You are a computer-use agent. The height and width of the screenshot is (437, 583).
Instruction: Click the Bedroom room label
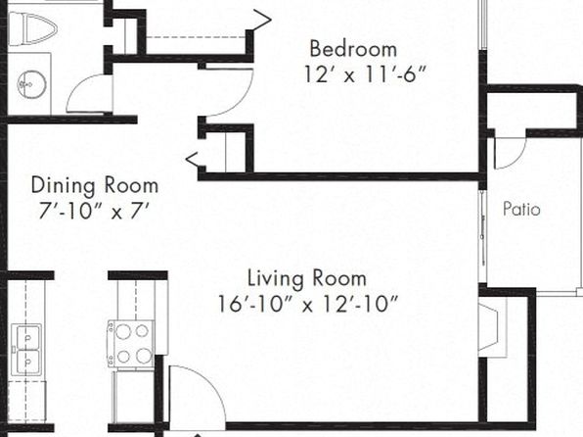(353, 49)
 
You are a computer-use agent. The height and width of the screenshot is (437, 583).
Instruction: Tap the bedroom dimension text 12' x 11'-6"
(365, 74)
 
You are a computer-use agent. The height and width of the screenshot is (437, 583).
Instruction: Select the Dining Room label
(95, 185)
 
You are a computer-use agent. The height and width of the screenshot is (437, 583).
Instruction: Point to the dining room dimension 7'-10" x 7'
(94, 211)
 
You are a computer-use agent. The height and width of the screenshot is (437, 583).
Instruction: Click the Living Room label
(307, 278)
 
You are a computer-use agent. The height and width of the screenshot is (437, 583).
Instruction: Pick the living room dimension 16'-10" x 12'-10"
(308, 304)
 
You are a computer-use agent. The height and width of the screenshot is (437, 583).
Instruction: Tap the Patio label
(521, 209)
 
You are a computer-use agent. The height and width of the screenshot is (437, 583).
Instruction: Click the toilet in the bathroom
(32, 28)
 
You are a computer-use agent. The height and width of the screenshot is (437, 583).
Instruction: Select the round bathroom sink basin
(32, 84)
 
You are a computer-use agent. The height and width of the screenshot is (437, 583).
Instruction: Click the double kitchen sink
(26, 350)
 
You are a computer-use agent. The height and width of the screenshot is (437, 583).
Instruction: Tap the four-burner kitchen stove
(131, 344)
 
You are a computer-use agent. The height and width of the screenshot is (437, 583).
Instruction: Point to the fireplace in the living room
(491, 327)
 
